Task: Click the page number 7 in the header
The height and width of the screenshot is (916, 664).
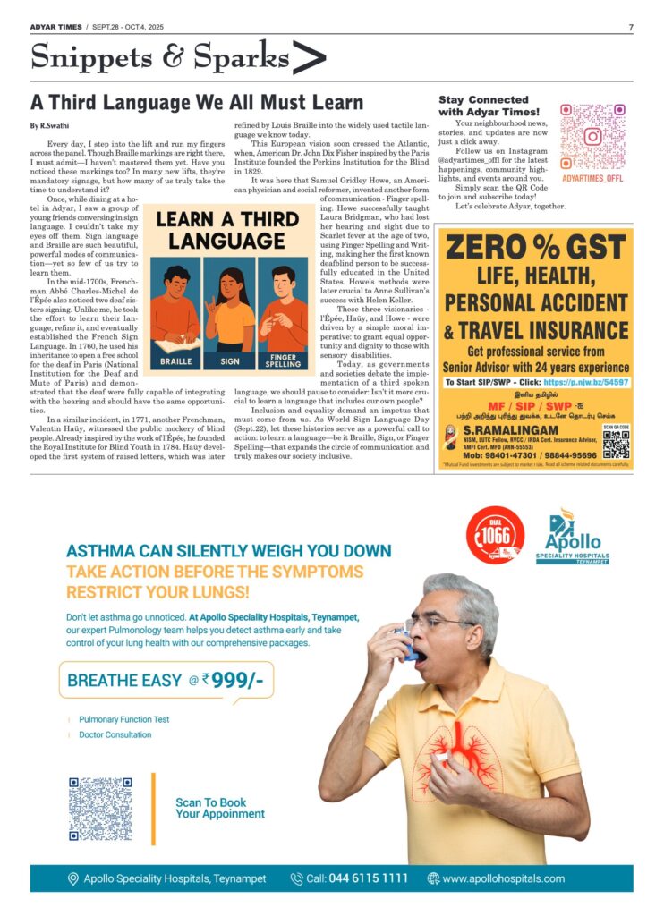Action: coord(630,27)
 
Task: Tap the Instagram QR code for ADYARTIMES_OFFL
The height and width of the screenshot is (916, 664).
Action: coord(592,136)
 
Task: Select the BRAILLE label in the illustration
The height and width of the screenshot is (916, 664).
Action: coord(175,361)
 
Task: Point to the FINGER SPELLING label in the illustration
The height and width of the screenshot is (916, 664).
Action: coord(283,361)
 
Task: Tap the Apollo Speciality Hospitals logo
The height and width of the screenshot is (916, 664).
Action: coord(578,539)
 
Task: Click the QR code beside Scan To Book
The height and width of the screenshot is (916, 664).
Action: coord(100,808)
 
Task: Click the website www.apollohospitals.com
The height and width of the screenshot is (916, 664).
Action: coord(503,878)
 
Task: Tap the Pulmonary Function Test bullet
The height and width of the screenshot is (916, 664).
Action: coord(123,719)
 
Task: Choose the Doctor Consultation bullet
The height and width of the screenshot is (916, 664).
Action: coord(115,735)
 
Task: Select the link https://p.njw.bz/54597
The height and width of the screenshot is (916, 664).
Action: coord(584,382)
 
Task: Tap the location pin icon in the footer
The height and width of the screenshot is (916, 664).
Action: coord(72,878)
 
